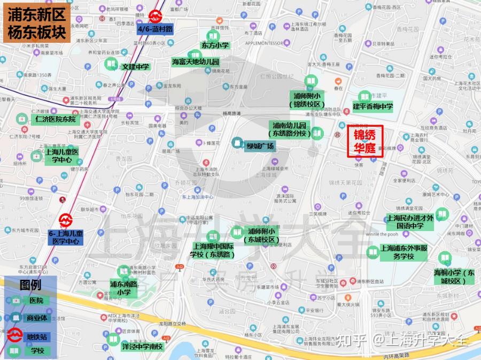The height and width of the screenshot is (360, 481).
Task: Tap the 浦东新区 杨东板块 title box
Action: pos(37,24)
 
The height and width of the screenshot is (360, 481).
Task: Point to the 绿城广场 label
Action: pos(260,146)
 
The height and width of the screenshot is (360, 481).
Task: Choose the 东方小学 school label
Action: pos(214,45)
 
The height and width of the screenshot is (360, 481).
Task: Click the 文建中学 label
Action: pos(135,67)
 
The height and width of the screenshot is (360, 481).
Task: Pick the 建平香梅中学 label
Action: pos(373,107)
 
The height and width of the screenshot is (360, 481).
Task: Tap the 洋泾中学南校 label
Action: pos(142,346)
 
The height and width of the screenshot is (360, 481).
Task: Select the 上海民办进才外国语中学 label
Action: pos(409,222)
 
